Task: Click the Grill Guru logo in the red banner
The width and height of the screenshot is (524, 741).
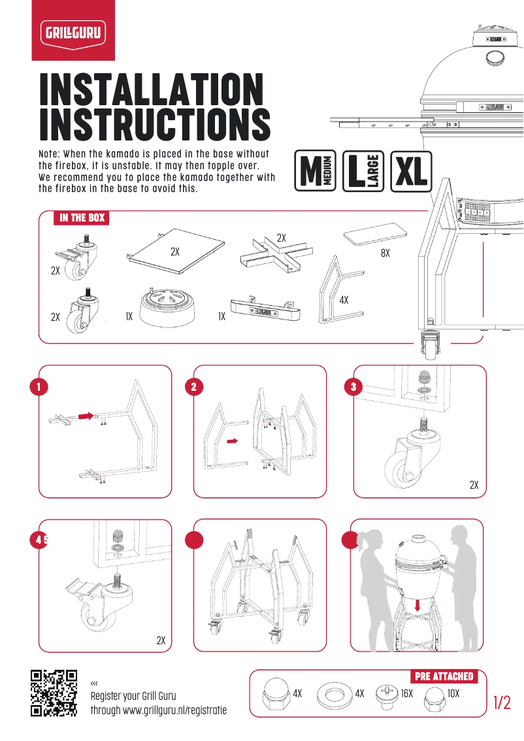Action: pyautogui.click(x=73, y=31)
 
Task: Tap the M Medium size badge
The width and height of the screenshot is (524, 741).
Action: pyautogui.click(x=316, y=171)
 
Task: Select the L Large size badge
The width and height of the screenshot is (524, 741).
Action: pyautogui.click(x=363, y=171)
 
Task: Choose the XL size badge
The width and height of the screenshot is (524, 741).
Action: pyautogui.click(x=411, y=171)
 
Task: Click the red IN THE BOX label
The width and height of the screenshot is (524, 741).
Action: pyautogui.click(x=82, y=218)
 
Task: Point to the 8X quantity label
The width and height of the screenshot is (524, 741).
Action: pyautogui.click(x=385, y=253)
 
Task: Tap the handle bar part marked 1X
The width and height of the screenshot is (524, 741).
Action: pyautogui.click(x=265, y=311)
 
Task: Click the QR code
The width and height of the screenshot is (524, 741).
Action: pyautogui.click(x=54, y=693)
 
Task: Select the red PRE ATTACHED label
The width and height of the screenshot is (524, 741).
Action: pyautogui.click(x=444, y=676)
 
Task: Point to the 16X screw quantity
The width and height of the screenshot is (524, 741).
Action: pyautogui.click(x=407, y=693)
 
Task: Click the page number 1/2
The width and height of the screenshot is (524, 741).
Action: pyautogui.click(x=502, y=702)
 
